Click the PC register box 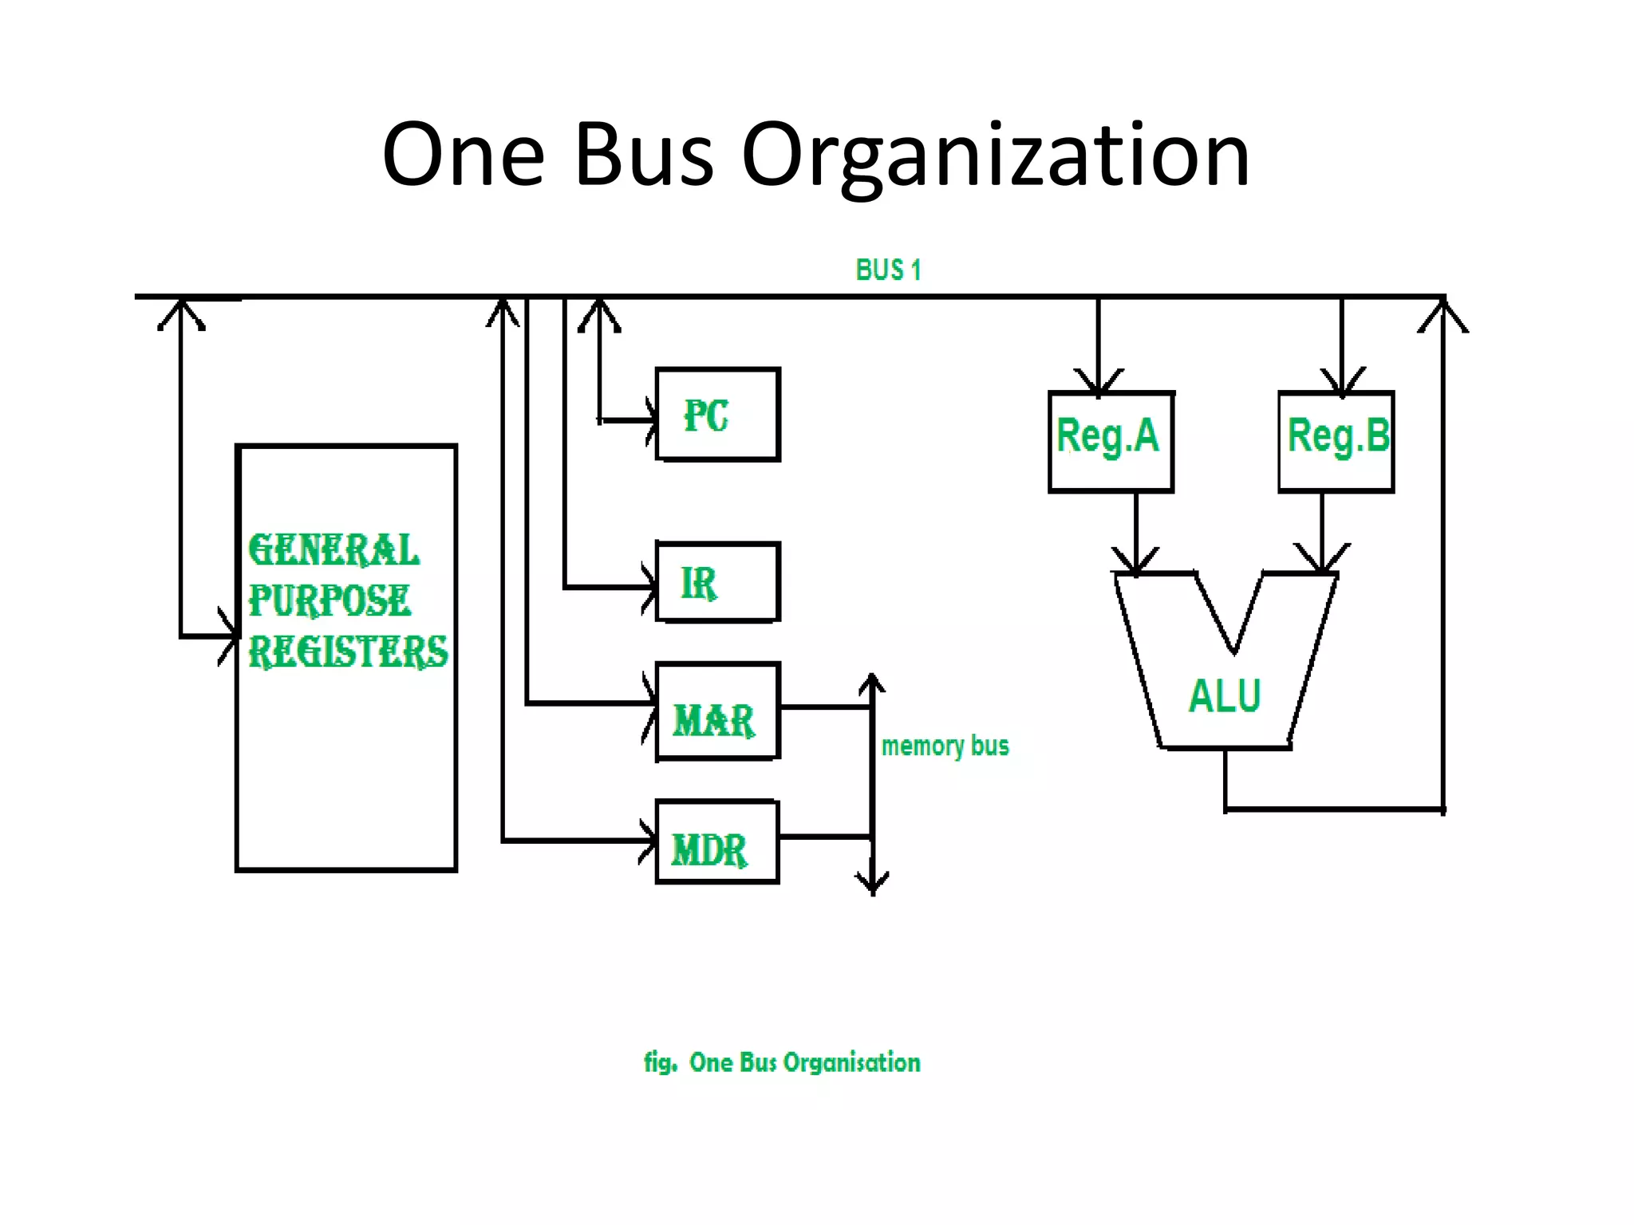[x=717, y=415]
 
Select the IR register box [x=717, y=582]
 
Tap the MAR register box [x=717, y=711]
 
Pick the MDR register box [x=717, y=842]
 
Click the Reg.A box [x=1111, y=441]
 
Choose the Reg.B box [x=1336, y=441]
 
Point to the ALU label [x=1225, y=696]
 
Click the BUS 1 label [x=888, y=270]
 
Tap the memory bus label [x=945, y=746]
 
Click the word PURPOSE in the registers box [x=330, y=601]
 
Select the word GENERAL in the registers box [x=334, y=550]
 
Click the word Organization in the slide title [x=995, y=155]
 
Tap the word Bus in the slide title [x=643, y=155]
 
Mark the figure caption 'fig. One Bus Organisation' [x=782, y=1062]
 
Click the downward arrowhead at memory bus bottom [x=873, y=884]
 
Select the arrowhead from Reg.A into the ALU [x=1136, y=561]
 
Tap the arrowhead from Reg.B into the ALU [x=1322, y=560]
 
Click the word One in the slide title [x=464, y=155]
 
